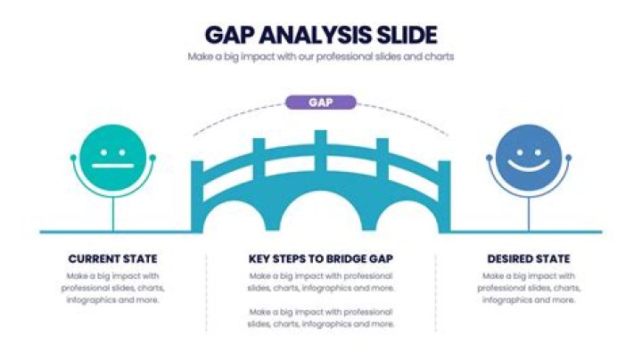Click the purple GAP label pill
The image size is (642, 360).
point(321,102)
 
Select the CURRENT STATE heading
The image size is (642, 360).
point(113,259)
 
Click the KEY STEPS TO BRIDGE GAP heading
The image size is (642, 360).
point(321,259)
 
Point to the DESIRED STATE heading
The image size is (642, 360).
point(529,259)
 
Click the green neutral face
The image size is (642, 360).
point(113,158)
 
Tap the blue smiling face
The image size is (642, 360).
point(529,158)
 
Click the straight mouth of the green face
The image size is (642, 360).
point(113,166)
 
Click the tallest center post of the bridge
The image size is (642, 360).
point(321,151)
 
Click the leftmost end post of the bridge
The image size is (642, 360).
point(197,196)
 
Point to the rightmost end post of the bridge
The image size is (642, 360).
point(445,196)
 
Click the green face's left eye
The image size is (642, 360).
point(103,152)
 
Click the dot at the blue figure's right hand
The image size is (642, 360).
point(568,158)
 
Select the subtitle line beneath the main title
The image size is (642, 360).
point(321,56)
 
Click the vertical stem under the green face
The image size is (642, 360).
point(113,214)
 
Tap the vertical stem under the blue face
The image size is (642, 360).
point(529,214)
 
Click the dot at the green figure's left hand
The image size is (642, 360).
point(73,158)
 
